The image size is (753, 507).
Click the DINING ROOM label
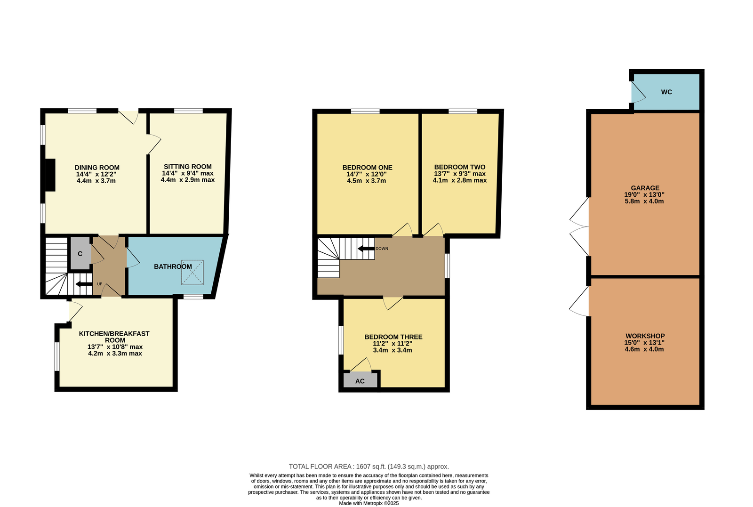tap(97, 168)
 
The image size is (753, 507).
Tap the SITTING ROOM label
tap(188, 167)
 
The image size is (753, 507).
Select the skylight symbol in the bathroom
tap(192, 272)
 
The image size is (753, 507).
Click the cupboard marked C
tap(80, 253)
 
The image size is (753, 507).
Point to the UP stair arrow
tap(84, 284)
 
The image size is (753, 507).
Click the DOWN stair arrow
tap(366, 249)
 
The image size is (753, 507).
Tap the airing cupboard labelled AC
tap(360, 380)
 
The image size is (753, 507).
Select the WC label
tap(666, 92)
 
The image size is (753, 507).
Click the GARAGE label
tap(645, 188)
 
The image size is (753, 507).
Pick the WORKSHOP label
tap(645, 336)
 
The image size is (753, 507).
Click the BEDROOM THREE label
tap(393, 337)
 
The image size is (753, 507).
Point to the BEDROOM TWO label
tap(459, 167)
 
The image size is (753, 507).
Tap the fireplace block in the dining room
tap(50, 175)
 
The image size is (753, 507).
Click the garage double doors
tap(579, 226)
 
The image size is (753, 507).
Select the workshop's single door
tap(579, 301)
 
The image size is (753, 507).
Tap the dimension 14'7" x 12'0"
tap(367, 174)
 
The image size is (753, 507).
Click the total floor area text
tap(369, 467)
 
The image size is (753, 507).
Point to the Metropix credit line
tap(369, 503)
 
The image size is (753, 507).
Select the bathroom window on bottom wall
tap(193, 297)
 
